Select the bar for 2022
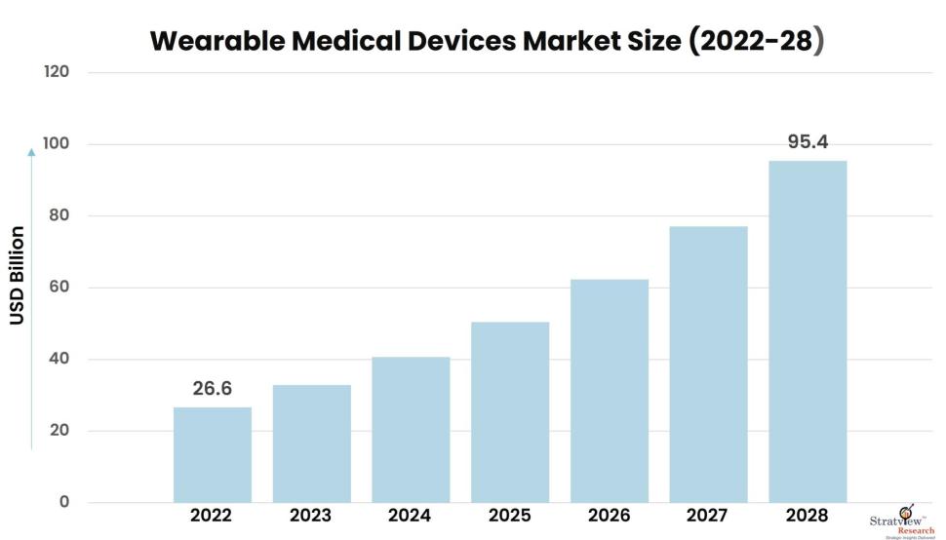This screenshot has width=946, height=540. [x=212, y=454]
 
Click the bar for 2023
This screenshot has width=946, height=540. [x=311, y=444]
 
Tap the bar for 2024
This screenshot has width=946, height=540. [x=411, y=429]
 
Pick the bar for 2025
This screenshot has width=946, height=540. [x=510, y=411]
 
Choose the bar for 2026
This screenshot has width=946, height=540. [x=610, y=390]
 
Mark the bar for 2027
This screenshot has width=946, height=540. [x=708, y=364]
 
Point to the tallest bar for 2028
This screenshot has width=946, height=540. [x=808, y=331]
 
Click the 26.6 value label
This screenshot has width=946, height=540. [x=212, y=389]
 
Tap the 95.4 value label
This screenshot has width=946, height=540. [x=808, y=142]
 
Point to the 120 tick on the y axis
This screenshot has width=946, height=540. [x=57, y=72]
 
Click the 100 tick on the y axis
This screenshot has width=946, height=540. [x=57, y=144]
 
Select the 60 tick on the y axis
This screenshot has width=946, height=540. [x=60, y=288]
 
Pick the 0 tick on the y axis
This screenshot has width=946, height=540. [x=64, y=502]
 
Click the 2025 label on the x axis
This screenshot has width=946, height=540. [x=510, y=515]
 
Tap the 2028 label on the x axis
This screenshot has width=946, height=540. [x=808, y=515]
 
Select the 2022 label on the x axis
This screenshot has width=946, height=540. [x=212, y=515]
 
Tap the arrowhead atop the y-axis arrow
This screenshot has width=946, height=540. [x=31, y=152]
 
